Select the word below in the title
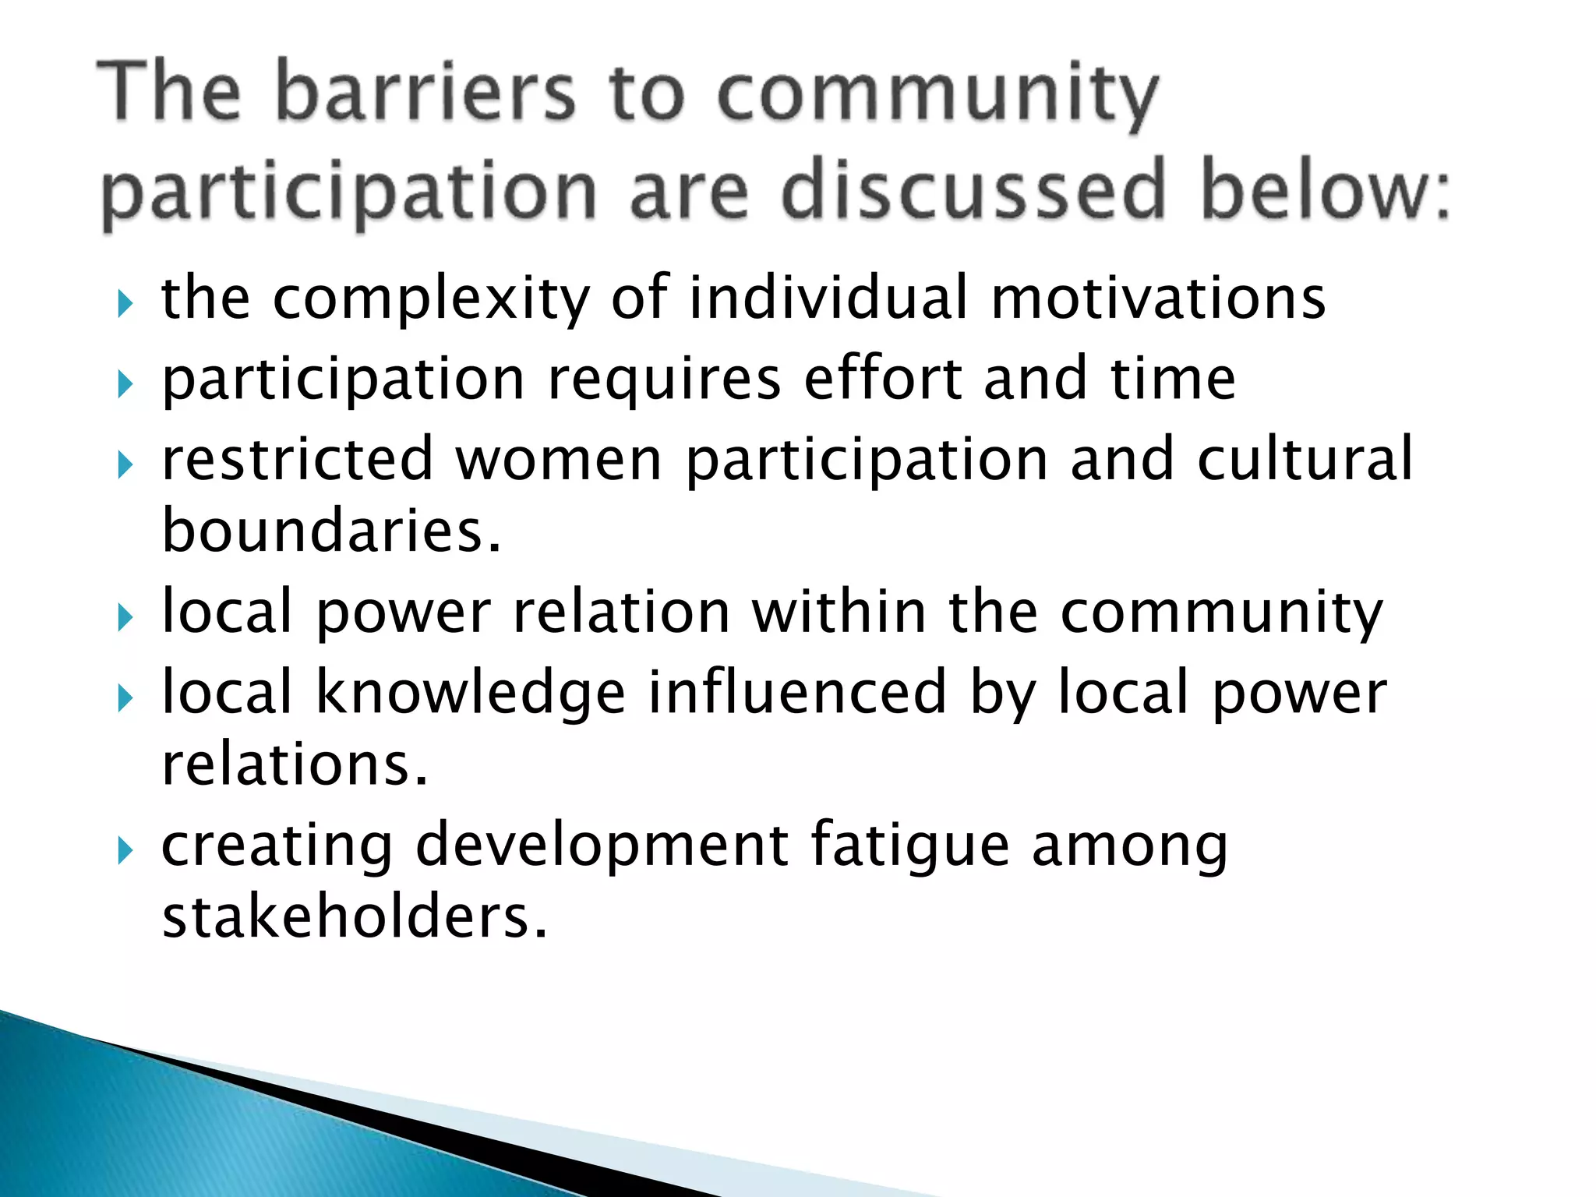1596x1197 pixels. (x=1325, y=190)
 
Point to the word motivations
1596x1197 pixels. (x=1158, y=298)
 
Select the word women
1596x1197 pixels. (x=558, y=460)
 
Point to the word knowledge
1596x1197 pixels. (x=471, y=693)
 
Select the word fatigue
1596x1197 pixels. (x=909, y=846)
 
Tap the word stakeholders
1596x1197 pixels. (x=354, y=917)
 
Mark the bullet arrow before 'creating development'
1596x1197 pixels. (x=125, y=850)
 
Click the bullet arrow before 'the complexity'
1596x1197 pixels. (x=125, y=303)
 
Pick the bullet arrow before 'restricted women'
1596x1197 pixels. (x=125, y=465)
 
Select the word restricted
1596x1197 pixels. (x=296, y=460)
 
